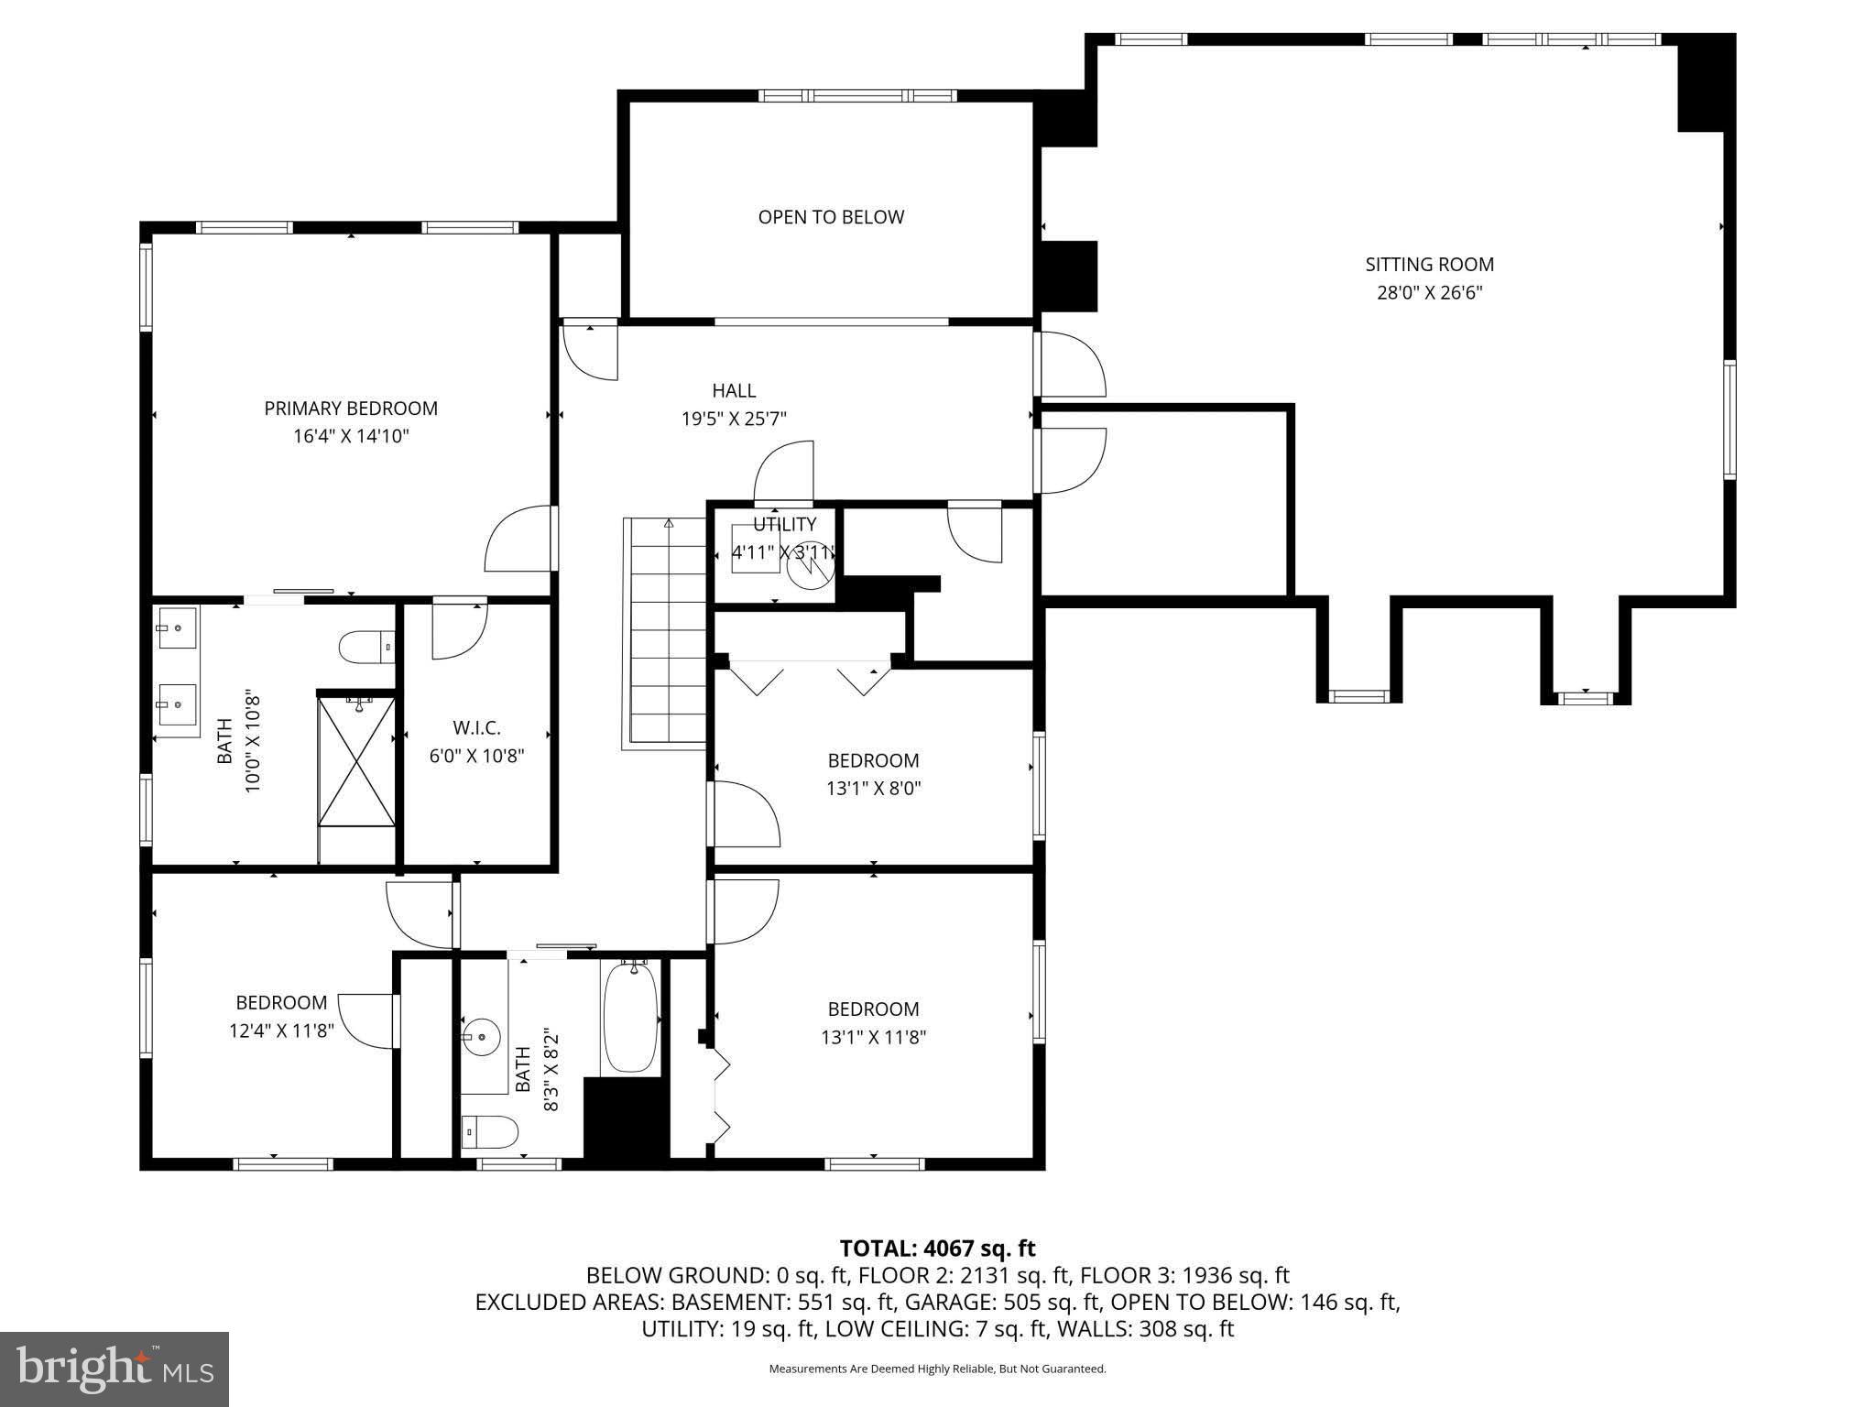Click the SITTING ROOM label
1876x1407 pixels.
tap(1429, 265)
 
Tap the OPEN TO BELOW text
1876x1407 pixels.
tap(831, 217)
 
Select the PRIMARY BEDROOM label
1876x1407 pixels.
tap(351, 409)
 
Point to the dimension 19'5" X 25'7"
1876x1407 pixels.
tap(734, 420)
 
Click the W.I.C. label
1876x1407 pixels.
tap(476, 728)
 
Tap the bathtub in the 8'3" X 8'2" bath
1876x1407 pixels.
tap(631, 1017)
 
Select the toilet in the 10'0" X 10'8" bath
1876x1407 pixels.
tap(365, 648)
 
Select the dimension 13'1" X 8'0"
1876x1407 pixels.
tap(873, 788)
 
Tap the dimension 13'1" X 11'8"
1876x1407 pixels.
tap(873, 1037)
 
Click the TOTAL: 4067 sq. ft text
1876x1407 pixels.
tap(937, 1249)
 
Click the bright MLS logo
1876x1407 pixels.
tap(115, 1369)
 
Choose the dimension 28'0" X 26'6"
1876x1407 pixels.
tap(1429, 293)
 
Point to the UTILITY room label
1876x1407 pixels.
tap(784, 525)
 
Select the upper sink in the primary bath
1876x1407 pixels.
tap(176, 628)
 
